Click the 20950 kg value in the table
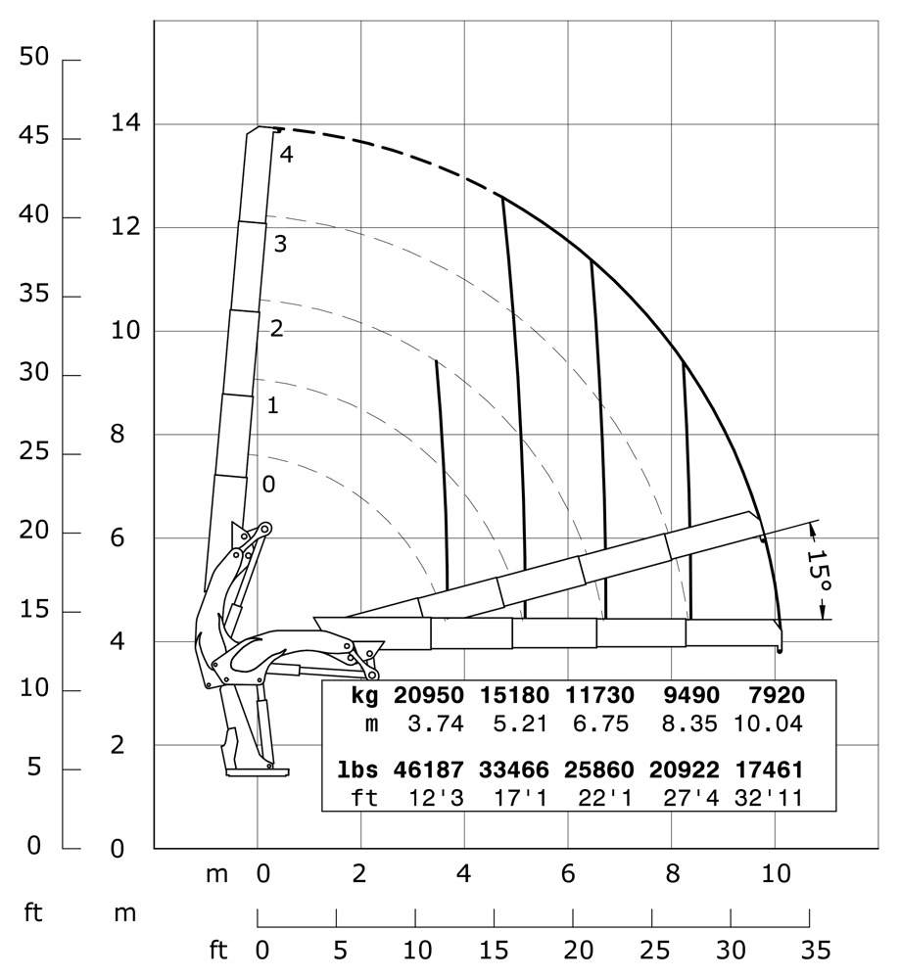coord(427,696)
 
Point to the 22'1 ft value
coord(599,797)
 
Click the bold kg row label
coord(364,696)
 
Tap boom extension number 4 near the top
coord(285,154)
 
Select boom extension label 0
coord(268,484)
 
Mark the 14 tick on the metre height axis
coord(127,124)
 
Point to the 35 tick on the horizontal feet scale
coord(809,951)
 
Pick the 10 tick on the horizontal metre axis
coord(777,873)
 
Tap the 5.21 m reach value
coord(513,724)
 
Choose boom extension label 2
coord(276,329)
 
